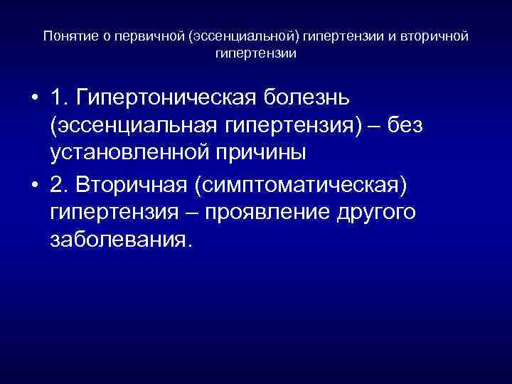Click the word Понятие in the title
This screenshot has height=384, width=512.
pos(68,36)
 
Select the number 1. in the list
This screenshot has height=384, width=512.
pos(60,97)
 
